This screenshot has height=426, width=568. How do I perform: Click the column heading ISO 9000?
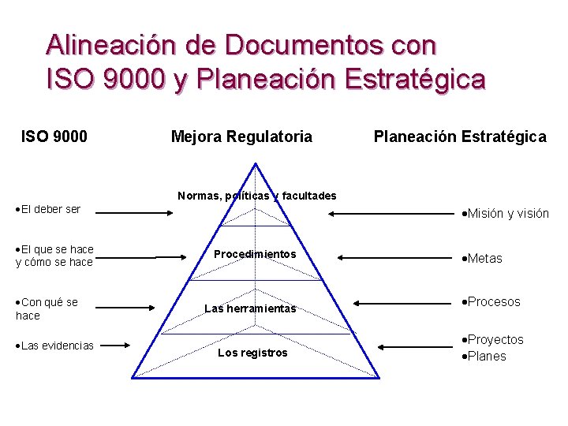(54, 136)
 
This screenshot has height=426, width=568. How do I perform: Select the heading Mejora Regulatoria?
(241, 136)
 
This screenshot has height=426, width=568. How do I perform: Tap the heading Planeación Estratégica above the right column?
(459, 136)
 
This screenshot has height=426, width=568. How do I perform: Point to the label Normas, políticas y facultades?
(257, 196)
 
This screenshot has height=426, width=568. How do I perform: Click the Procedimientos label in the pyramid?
(255, 254)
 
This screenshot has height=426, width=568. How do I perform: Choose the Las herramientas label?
(250, 308)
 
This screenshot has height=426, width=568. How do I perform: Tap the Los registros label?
(252, 353)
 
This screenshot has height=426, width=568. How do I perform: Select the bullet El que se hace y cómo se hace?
(54, 256)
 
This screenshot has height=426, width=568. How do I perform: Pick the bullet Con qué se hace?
(47, 308)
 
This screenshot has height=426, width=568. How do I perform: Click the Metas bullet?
(483, 258)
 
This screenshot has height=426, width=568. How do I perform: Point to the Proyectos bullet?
(494, 339)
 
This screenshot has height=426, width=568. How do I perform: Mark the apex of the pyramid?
(255, 163)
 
